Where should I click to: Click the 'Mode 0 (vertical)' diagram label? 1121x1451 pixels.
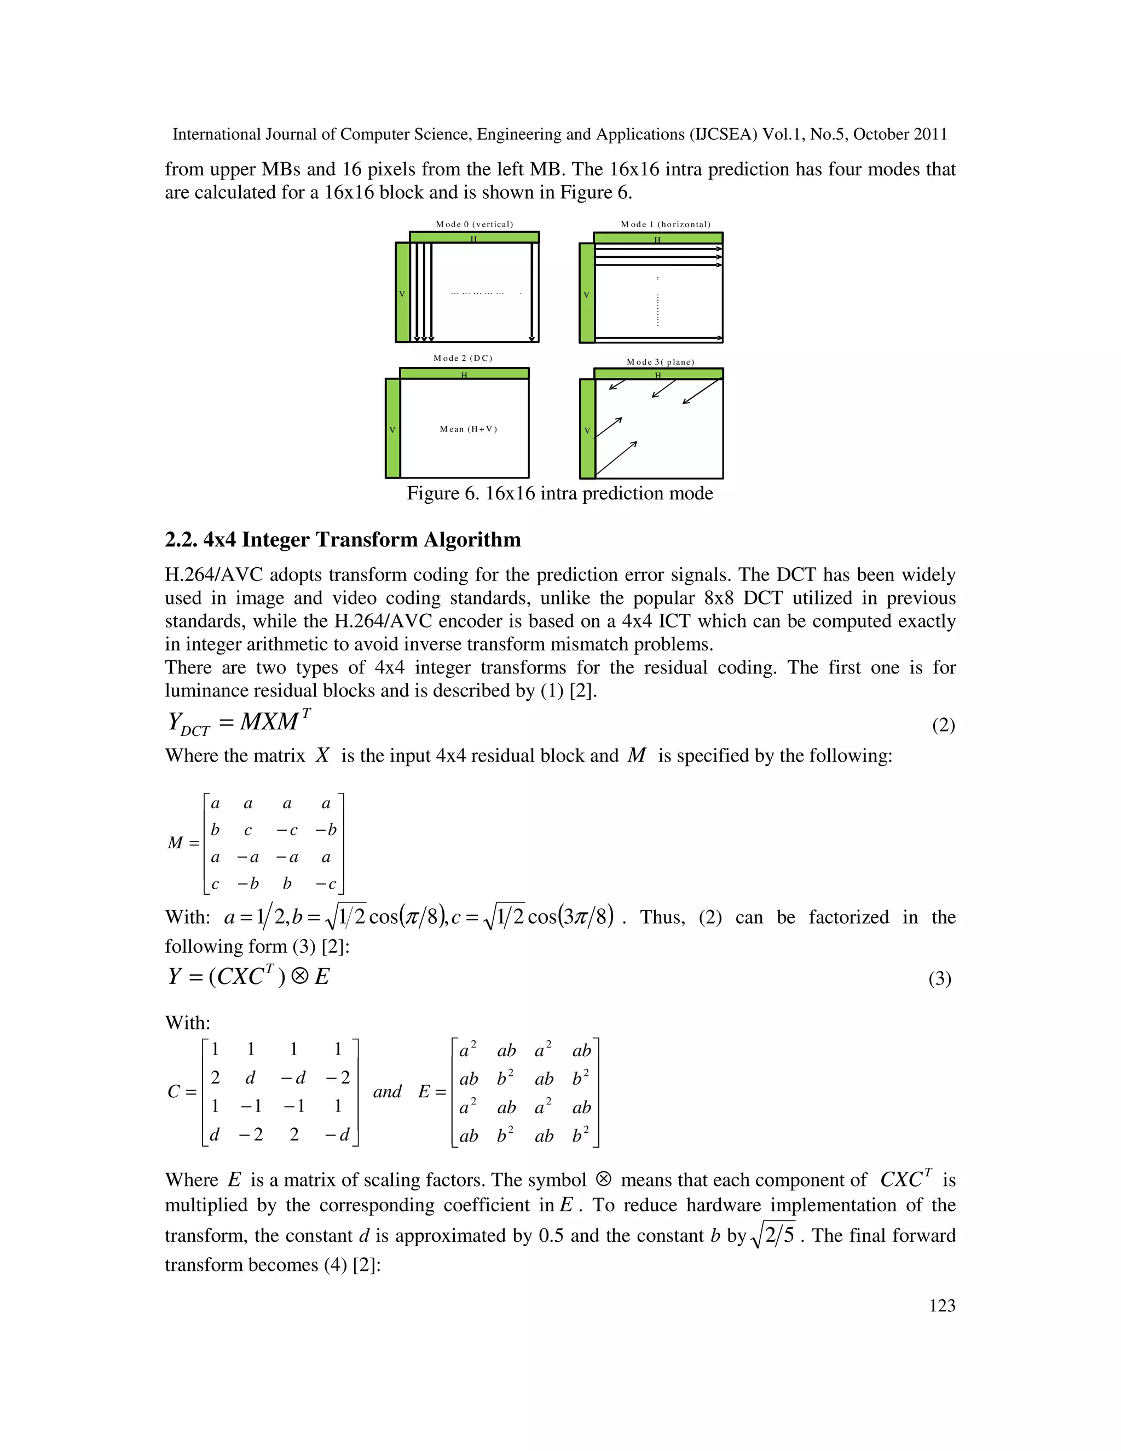[x=474, y=224]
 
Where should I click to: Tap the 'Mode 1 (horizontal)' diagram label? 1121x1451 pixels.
[x=666, y=224]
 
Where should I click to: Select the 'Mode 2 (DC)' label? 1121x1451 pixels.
[x=463, y=358]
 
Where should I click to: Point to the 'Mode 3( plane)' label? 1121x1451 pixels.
[x=660, y=362]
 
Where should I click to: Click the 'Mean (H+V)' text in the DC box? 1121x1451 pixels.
[x=468, y=429]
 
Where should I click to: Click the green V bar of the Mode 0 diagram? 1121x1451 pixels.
[x=402, y=292]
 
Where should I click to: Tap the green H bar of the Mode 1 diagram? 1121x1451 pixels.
[x=657, y=238]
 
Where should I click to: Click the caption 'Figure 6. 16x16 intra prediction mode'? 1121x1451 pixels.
[x=560, y=494]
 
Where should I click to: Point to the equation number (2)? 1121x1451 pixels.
[x=943, y=725]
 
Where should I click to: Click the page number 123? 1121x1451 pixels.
[x=941, y=1305]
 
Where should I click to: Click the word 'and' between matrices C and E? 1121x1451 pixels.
[x=387, y=1092]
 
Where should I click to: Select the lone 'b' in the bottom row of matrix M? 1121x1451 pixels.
[x=287, y=884]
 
